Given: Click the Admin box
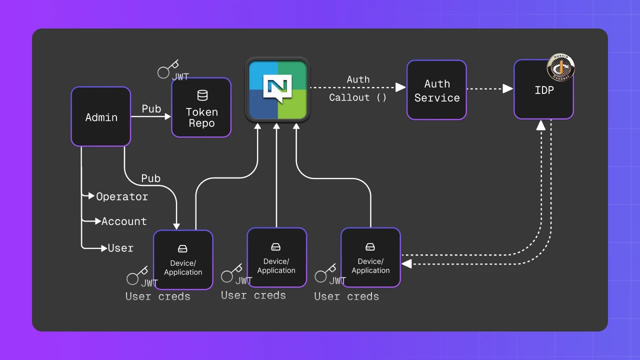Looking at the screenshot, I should click(x=101, y=116).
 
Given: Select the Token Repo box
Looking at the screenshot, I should click(x=201, y=107).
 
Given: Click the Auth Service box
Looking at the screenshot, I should click(x=436, y=90).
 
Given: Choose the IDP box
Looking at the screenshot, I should click(x=543, y=90).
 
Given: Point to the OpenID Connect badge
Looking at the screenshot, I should click(x=560, y=67).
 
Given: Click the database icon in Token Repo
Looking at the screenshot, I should click(x=202, y=95).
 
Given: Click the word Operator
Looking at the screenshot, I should click(x=122, y=196).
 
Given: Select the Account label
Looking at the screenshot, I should click(x=124, y=221).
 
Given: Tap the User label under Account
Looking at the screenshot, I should click(x=121, y=248).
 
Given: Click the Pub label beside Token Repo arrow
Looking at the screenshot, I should click(x=151, y=109).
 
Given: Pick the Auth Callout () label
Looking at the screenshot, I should click(x=358, y=88).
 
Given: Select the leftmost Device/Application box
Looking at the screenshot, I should click(x=183, y=259).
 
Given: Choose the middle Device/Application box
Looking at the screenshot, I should click(x=276, y=257).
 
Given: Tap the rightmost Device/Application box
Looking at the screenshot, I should click(x=370, y=257).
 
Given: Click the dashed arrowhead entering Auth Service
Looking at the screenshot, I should click(x=401, y=87).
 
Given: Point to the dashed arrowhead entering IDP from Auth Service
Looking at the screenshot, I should click(x=508, y=88).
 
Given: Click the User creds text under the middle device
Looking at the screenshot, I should click(x=253, y=295).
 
